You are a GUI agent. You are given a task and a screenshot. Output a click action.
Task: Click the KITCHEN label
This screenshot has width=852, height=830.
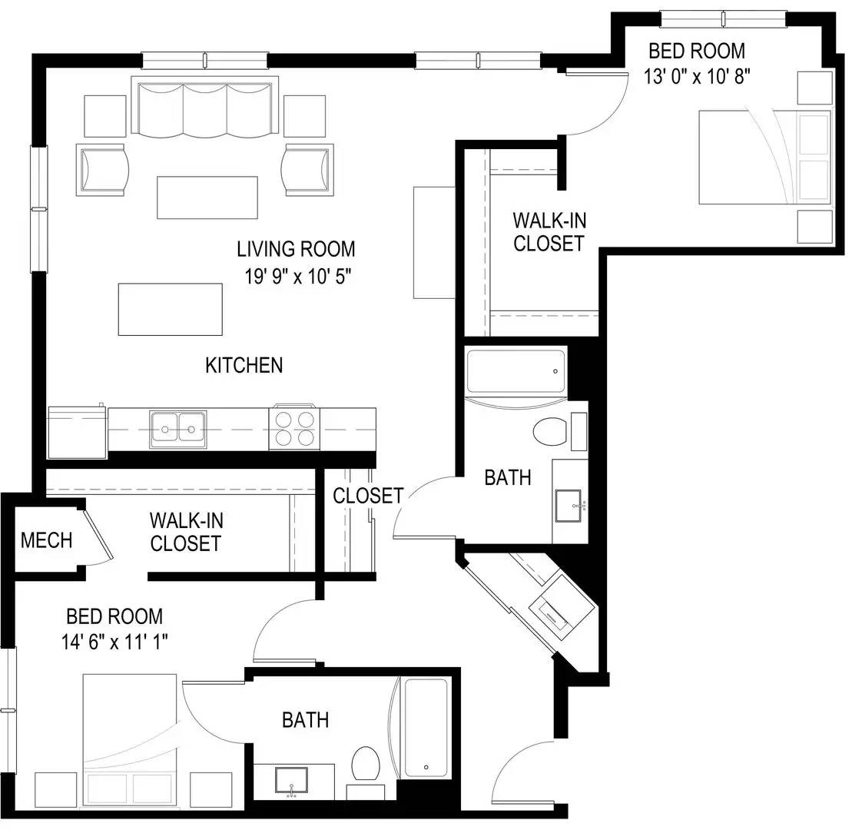244,365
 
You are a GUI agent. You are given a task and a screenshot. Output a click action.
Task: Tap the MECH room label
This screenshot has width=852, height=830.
46,540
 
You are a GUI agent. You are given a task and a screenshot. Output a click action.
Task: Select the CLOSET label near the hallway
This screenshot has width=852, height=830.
368,495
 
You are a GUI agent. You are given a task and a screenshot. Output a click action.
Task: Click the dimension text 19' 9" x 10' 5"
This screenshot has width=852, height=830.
298,276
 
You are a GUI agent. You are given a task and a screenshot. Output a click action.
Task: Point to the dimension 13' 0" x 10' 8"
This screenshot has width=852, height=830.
697,76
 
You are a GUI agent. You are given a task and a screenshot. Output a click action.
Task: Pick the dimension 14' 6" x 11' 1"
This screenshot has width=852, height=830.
114,642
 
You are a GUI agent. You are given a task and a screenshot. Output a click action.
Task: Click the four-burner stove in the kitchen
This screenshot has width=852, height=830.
294,428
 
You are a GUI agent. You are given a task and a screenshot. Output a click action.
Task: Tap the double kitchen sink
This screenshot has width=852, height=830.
178,429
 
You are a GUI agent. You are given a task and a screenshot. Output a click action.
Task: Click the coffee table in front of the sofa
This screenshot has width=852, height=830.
207,198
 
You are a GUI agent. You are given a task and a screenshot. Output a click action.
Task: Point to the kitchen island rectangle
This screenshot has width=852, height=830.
170,309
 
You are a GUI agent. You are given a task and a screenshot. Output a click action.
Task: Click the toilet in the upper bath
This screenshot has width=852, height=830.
550,432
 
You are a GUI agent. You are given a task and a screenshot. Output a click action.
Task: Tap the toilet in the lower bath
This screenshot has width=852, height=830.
365,764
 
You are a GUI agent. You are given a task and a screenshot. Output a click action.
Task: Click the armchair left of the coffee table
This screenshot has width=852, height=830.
101,170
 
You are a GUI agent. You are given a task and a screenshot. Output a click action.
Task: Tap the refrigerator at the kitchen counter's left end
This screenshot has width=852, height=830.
77,432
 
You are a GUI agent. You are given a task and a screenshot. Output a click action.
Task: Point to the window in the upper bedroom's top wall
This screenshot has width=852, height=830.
723,19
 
